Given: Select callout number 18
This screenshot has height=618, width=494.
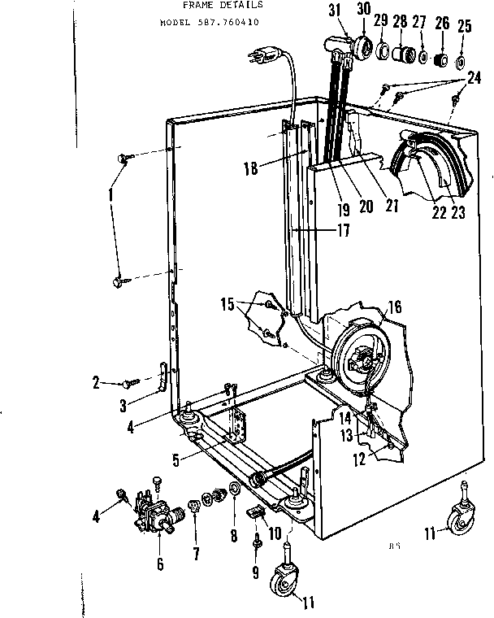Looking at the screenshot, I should click(x=249, y=170).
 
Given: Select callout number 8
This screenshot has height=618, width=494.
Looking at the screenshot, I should click(x=234, y=536).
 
